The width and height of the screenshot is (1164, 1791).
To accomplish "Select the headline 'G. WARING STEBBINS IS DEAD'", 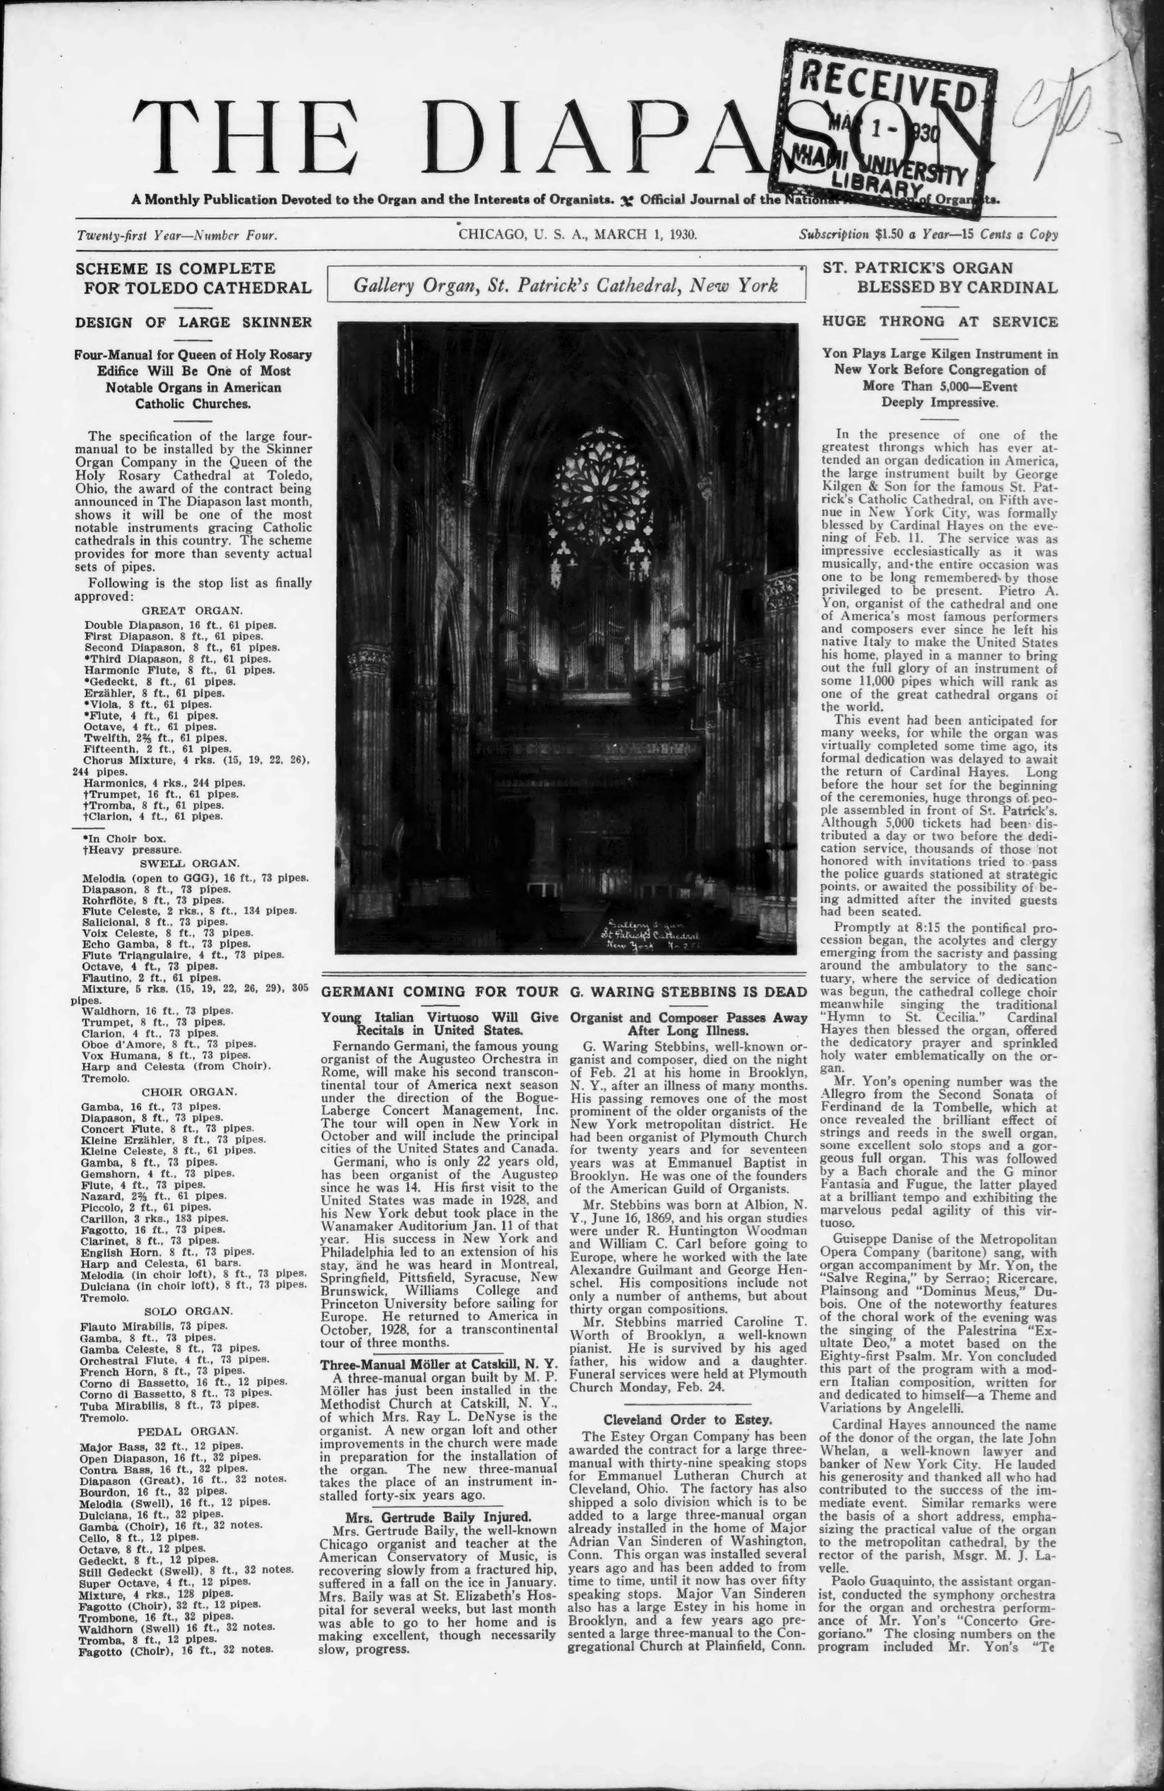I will point(688,992).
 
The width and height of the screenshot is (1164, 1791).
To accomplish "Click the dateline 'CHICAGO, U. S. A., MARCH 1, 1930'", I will point(578,234).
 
